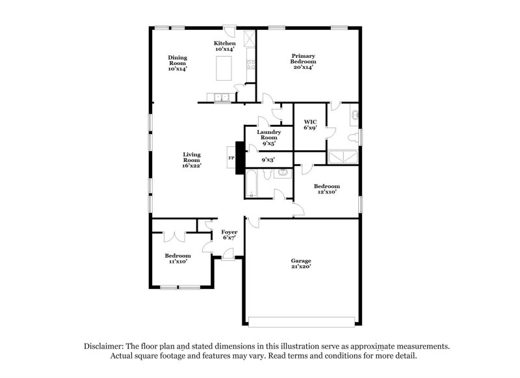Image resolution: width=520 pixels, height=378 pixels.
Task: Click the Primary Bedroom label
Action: click(x=303, y=61)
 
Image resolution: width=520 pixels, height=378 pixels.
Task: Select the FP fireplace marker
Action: click(x=230, y=157)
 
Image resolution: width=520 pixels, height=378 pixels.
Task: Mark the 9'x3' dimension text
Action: click(x=268, y=159)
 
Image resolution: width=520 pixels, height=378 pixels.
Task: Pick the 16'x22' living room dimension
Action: click(x=191, y=166)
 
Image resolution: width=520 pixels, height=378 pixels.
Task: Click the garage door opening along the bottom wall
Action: click(x=302, y=321)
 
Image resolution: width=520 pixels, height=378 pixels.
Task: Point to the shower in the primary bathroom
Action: click(x=342, y=156)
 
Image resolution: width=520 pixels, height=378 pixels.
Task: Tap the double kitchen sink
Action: click(x=222, y=98)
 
